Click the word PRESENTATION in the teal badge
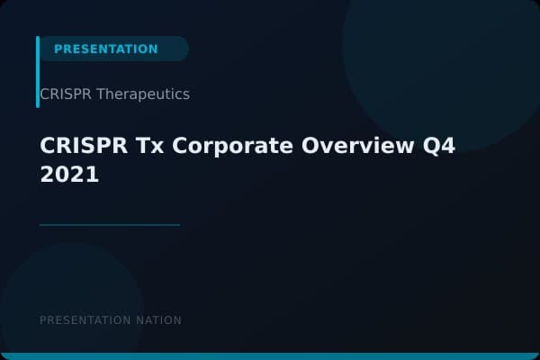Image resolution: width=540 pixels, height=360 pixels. point(105,49)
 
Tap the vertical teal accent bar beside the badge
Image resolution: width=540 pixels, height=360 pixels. point(38,72)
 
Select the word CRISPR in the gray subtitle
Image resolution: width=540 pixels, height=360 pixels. point(60,94)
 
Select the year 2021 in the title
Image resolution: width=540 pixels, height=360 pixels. point(69,175)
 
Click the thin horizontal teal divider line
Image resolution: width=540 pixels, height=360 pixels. point(110,225)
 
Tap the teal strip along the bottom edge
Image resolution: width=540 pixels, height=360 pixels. point(270,356)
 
